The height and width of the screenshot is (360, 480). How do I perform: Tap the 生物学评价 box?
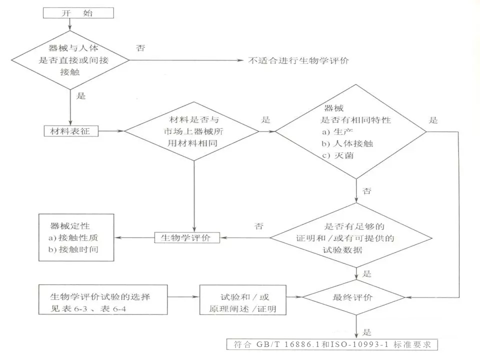point(187,237)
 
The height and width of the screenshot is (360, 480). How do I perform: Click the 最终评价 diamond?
point(356,297)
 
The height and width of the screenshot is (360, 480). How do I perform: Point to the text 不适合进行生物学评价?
point(298,61)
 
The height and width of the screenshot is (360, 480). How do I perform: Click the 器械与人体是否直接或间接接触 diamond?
point(69,61)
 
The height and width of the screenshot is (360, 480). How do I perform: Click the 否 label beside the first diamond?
point(141,48)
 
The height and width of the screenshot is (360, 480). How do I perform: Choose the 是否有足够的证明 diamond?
point(356,238)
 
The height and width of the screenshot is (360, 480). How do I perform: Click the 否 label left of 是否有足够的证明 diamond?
point(258,225)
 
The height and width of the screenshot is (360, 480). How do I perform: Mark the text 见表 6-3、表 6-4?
point(85,308)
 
